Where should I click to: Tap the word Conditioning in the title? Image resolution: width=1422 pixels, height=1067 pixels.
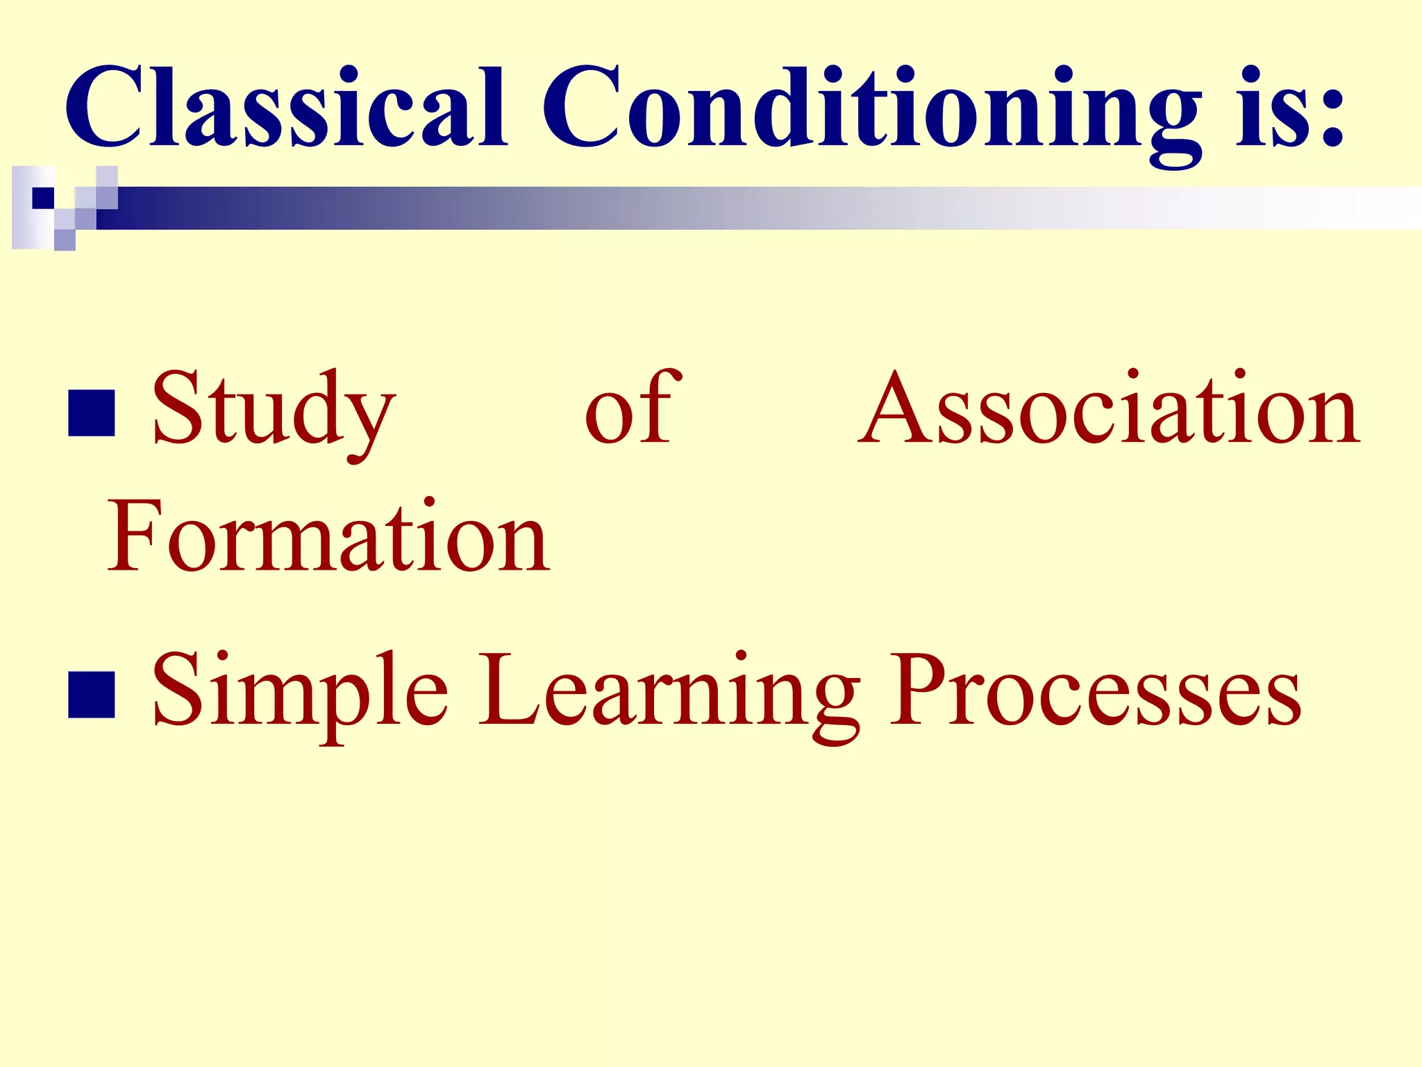coord(871,111)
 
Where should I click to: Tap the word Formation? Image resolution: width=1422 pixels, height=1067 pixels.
coord(328,537)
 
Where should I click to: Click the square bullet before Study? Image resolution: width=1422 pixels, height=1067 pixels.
coord(92,413)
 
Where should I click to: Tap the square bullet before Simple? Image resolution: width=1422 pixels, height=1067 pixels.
coord(92,694)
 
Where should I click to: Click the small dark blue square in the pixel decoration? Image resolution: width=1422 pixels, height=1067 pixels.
coord(43,198)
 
